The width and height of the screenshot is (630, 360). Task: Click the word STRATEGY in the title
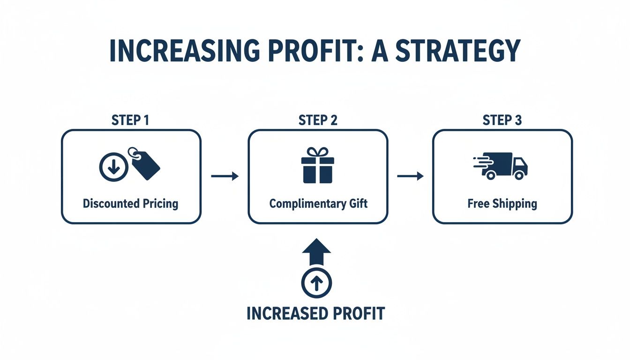(457, 51)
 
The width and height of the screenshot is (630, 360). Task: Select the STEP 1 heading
(130, 120)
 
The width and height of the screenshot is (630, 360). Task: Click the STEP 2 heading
(318, 120)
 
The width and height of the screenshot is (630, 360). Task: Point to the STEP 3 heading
(502, 120)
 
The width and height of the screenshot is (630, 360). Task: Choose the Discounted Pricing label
(130, 204)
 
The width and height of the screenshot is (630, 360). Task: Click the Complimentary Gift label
(318, 204)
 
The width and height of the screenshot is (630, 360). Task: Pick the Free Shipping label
(502, 204)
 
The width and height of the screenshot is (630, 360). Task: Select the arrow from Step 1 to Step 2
(225, 176)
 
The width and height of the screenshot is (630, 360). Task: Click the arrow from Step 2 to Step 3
(410, 176)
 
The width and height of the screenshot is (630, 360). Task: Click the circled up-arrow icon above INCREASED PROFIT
(316, 283)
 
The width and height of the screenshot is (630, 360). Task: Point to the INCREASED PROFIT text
(315, 313)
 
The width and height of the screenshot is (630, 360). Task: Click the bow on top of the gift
(318, 152)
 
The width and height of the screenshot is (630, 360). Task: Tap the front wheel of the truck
(519, 175)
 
